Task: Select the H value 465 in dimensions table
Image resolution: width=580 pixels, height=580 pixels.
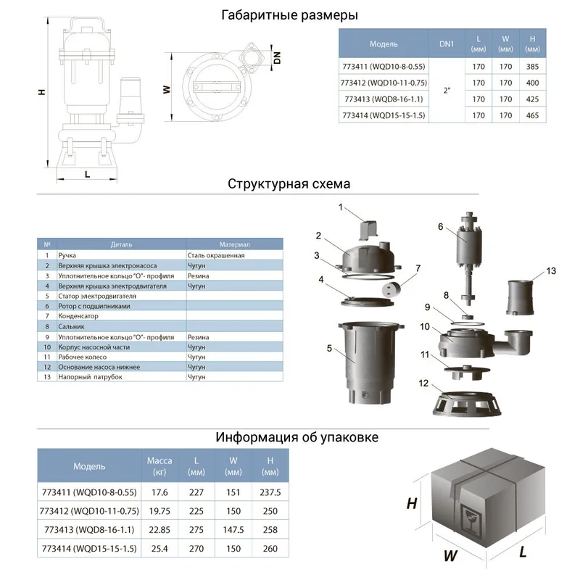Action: [x=533, y=115]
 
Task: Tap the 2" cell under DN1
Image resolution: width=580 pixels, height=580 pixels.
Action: [x=447, y=89]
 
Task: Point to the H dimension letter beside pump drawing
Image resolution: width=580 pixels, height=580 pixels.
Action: [x=42, y=91]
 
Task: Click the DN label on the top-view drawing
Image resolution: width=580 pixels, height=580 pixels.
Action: [x=277, y=56]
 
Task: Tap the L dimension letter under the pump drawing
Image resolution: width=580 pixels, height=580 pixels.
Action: [x=87, y=174]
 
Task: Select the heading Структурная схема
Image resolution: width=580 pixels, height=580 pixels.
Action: [x=289, y=183]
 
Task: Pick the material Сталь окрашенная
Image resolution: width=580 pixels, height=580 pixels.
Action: [x=217, y=255]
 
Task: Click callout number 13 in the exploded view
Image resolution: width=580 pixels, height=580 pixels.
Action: [x=551, y=270]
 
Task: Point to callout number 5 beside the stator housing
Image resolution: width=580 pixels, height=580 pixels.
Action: [x=329, y=349]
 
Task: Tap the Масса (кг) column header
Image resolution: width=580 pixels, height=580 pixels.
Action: [x=159, y=466]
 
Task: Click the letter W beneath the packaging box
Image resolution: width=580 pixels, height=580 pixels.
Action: [x=450, y=557]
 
